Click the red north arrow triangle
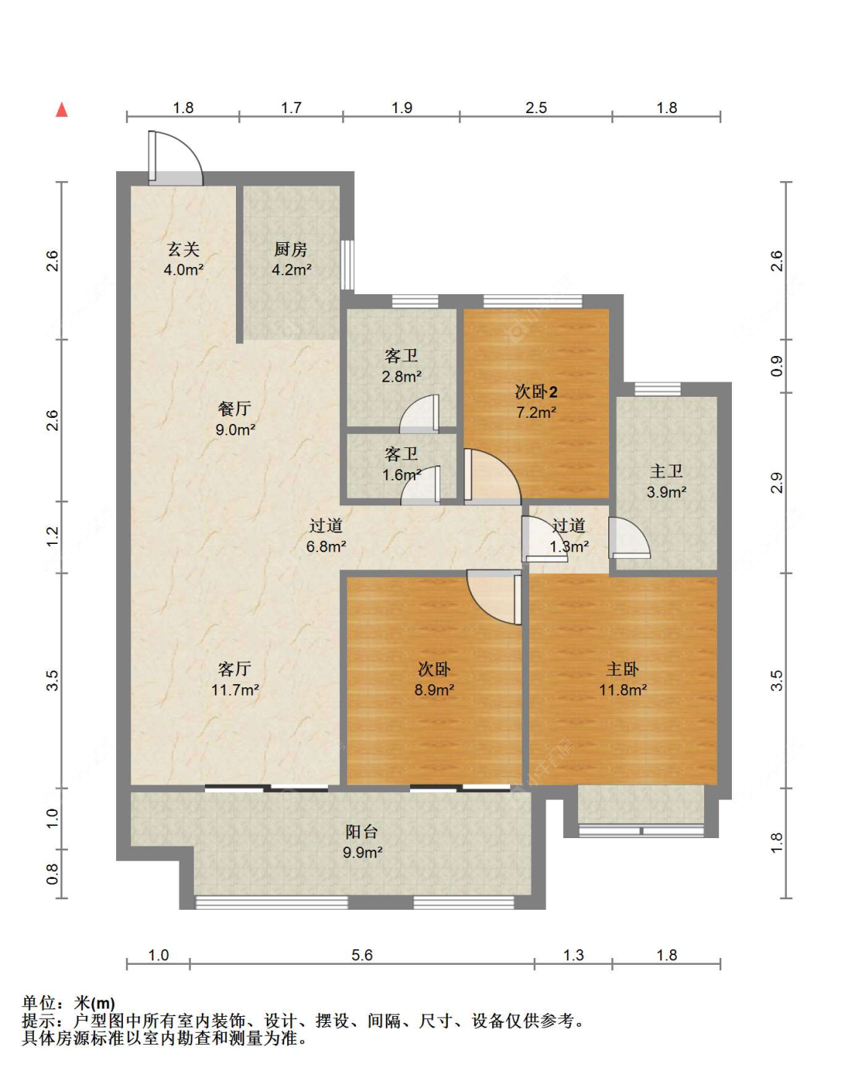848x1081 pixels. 62,109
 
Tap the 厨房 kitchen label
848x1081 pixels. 291,249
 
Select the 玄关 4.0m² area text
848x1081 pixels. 184,269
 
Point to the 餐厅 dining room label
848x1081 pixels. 234,408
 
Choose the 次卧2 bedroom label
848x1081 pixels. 536,392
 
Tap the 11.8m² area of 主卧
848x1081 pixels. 623,690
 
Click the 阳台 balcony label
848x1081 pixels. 362,831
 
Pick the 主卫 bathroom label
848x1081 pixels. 666,471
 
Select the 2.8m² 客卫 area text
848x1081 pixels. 402,376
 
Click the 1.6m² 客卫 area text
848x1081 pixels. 402,475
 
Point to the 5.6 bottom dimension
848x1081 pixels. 362,955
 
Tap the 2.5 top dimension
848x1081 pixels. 537,107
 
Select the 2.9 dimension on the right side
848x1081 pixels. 776,483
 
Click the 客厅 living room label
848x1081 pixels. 234,669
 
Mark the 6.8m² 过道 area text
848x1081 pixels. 326,547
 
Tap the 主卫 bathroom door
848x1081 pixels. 629,538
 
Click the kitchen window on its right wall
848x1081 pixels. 347,265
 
